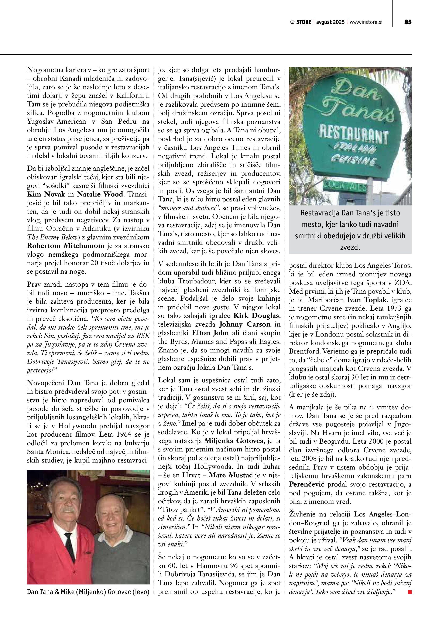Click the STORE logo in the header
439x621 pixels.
(301, 22)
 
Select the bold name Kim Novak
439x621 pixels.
(46, 194)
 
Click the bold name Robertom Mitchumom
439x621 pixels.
(65, 246)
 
